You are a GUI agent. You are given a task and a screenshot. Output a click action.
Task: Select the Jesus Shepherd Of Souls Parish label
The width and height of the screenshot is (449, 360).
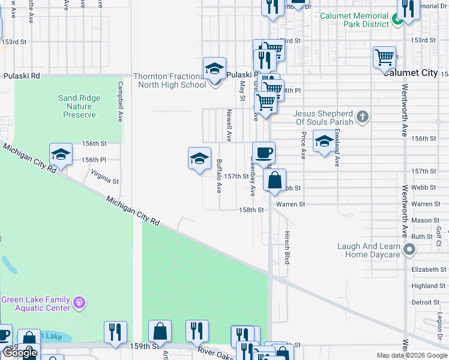(323, 117)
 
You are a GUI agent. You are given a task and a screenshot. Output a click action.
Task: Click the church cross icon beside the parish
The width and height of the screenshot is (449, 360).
(362, 116)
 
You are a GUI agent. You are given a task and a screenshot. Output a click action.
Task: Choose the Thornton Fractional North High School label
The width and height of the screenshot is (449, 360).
(169, 80)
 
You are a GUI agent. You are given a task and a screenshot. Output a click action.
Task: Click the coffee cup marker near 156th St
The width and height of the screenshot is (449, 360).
(264, 153)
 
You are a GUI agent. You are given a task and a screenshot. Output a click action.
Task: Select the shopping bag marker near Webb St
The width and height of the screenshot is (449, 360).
(274, 180)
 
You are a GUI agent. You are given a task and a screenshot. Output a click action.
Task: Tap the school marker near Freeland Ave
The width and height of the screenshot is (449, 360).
(324, 142)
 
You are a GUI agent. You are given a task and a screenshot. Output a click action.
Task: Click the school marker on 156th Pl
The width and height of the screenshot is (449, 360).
(61, 155)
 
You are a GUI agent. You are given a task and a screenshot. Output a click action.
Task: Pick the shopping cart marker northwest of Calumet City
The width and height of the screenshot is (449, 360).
(385, 58)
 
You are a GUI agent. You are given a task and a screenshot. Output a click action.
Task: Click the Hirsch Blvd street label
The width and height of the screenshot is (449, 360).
(287, 247)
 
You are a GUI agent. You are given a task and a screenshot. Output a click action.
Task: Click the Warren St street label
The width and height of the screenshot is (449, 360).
(291, 205)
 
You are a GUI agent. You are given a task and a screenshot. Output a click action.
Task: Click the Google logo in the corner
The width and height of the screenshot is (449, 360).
(20, 353)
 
